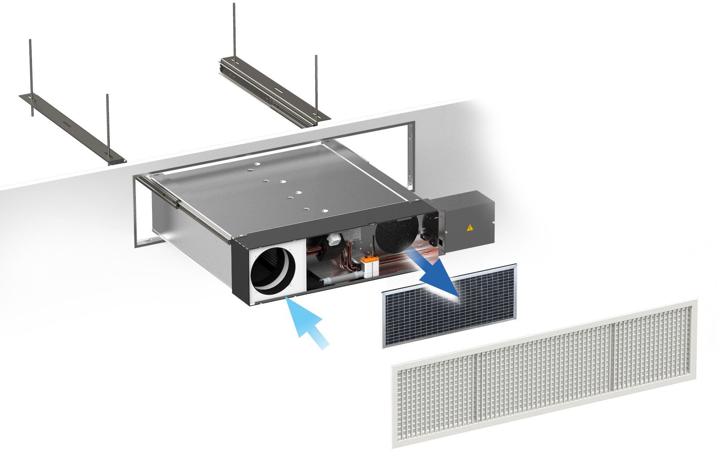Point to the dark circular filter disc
pos(397,233)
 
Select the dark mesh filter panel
pos(450,307)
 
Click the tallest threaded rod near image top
pos(234,32)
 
